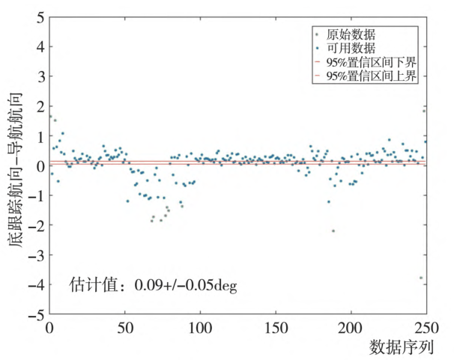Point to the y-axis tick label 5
[x=40, y=16]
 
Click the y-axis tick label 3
[x=40, y=76]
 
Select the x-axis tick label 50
[x=125, y=329]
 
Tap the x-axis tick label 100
[x=200, y=329]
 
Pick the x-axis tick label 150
[x=276, y=329]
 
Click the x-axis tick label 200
[x=351, y=329]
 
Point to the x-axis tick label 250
[x=425, y=329]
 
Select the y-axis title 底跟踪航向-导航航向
[x=16, y=165]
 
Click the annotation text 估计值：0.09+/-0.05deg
[x=153, y=285]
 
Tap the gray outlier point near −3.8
[x=421, y=278]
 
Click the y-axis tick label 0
[x=40, y=165]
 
